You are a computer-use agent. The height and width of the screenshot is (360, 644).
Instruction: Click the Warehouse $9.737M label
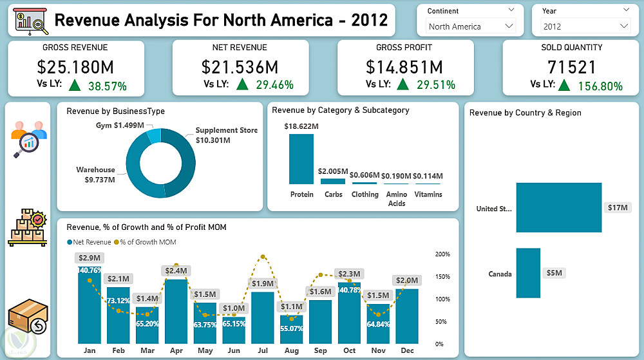[x=95, y=175]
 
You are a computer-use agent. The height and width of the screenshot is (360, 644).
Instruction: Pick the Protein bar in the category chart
[x=301, y=158]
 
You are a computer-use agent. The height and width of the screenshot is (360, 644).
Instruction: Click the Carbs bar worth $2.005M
[x=332, y=181]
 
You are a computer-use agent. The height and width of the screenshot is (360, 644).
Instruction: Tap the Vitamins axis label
[x=428, y=194]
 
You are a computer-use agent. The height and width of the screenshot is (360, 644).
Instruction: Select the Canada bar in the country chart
[x=528, y=273]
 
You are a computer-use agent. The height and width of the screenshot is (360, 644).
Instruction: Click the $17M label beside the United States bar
[x=616, y=207]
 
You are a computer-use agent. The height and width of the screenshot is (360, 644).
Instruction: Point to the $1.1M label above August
[x=292, y=307]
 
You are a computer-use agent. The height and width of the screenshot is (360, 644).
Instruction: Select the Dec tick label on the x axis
[x=407, y=350]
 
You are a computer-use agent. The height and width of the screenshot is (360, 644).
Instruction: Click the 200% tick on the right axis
[x=442, y=254]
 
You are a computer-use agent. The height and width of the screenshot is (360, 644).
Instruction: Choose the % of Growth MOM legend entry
[x=147, y=242]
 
